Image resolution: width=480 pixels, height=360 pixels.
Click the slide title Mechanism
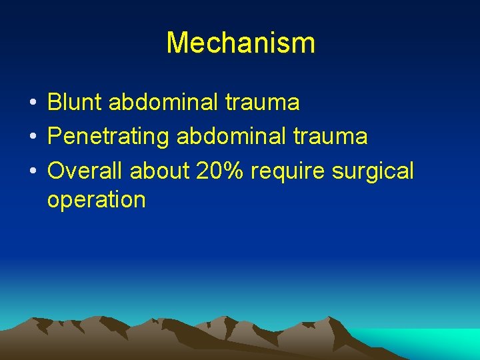(240, 43)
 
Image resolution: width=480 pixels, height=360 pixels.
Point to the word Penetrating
(109, 136)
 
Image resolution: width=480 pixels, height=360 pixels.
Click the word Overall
(85, 171)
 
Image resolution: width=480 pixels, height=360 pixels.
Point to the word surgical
(373, 172)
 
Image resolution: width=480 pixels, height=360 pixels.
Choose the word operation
(96, 200)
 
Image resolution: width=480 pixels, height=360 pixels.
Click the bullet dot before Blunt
(32, 103)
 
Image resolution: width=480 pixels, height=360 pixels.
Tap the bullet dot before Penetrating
(32, 137)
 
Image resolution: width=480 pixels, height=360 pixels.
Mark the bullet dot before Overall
(32, 172)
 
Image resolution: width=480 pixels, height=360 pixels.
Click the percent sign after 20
(235, 171)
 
